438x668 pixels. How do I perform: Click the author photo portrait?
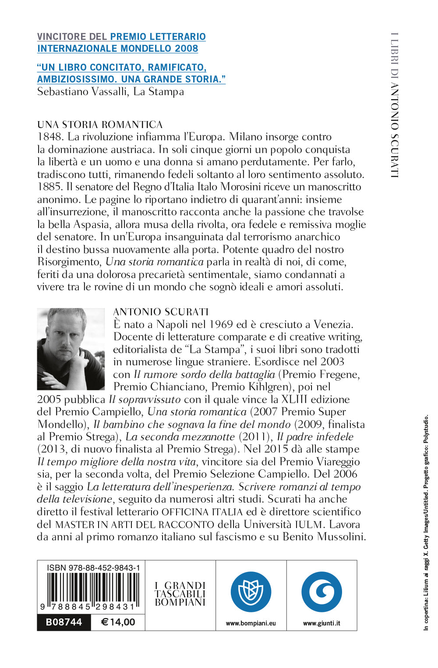tap(71, 349)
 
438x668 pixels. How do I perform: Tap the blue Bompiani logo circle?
tap(251, 592)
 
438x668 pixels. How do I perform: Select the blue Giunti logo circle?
tap(321, 592)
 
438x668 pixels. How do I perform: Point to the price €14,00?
tap(118, 622)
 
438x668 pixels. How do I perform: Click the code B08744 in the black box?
tap(64, 622)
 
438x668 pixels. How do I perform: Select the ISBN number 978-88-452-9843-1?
tap(93, 568)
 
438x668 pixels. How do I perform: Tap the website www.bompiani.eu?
tap(251, 623)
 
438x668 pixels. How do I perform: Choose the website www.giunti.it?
tap(321, 623)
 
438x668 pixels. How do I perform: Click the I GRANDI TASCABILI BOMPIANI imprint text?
tap(180, 594)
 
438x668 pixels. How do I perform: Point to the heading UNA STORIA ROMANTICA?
tap(100, 125)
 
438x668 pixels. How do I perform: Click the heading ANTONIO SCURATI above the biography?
tap(161, 312)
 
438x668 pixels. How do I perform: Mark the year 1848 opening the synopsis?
tap(49, 137)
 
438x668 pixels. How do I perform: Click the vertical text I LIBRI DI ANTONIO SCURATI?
tap(395, 105)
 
